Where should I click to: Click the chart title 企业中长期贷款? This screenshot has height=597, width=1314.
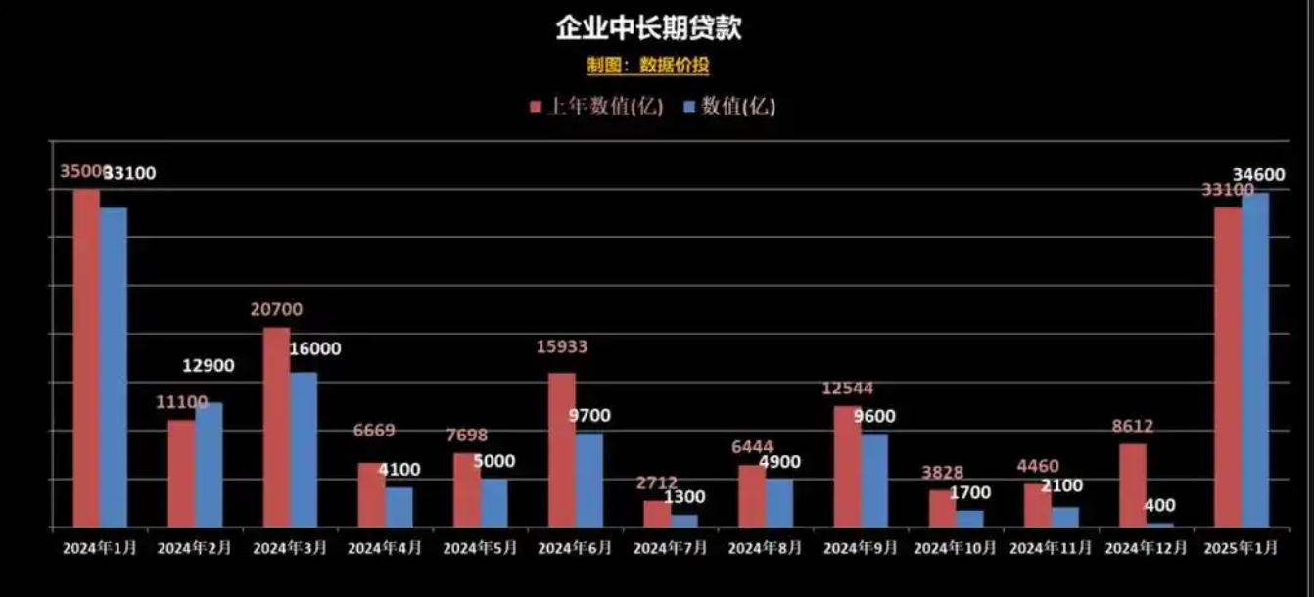(648, 28)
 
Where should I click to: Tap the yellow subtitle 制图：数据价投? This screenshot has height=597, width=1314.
(648, 66)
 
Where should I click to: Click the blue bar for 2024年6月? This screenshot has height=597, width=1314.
(588, 480)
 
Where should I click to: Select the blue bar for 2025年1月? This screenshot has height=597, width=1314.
(1255, 359)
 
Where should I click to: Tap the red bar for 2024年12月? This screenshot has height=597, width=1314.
(1133, 484)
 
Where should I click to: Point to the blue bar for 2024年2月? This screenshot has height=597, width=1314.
(209, 465)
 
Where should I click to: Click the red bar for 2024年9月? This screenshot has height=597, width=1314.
(847, 466)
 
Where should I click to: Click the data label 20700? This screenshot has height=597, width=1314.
(276, 310)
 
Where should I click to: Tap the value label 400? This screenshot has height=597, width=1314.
(1159, 506)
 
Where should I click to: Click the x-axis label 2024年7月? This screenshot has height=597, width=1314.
(670, 548)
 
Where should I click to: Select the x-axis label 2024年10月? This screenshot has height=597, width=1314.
(955, 548)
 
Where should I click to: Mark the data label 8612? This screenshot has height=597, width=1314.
(1132, 426)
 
